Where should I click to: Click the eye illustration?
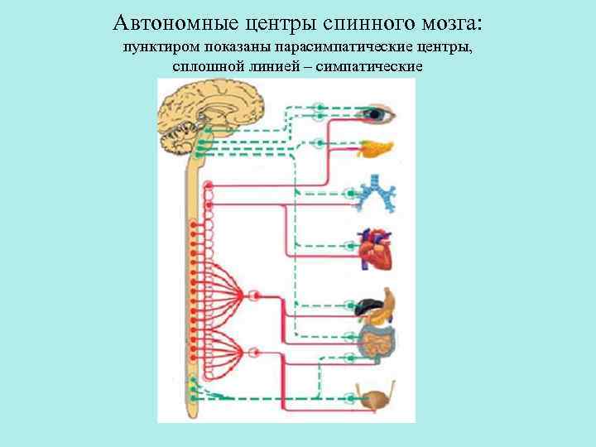(x=379, y=113)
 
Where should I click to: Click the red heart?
(x=374, y=249)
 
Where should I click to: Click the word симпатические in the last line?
(x=376, y=65)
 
